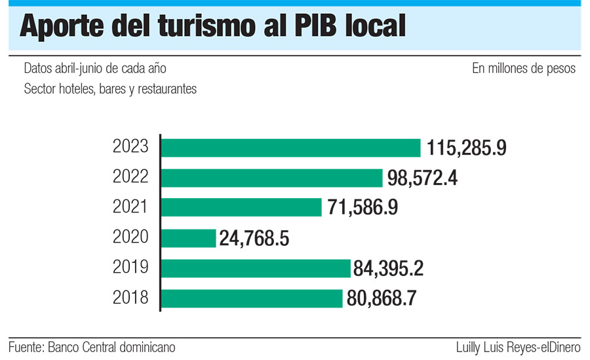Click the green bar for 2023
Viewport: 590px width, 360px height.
(290, 148)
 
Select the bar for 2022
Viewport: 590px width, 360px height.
(271, 178)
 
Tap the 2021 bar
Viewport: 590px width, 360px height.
(241, 207)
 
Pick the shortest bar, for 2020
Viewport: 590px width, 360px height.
(188, 237)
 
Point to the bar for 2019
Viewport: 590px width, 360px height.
(256, 268)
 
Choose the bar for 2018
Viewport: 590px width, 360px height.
(252, 298)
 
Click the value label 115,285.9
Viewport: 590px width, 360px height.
(466, 148)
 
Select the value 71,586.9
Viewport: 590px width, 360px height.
(361, 208)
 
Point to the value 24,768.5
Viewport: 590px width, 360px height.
(254, 238)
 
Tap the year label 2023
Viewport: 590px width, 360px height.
(131, 147)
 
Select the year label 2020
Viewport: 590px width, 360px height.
(131, 237)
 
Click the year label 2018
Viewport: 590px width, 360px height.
(131, 297)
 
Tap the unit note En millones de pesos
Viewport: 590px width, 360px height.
(523, 68)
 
